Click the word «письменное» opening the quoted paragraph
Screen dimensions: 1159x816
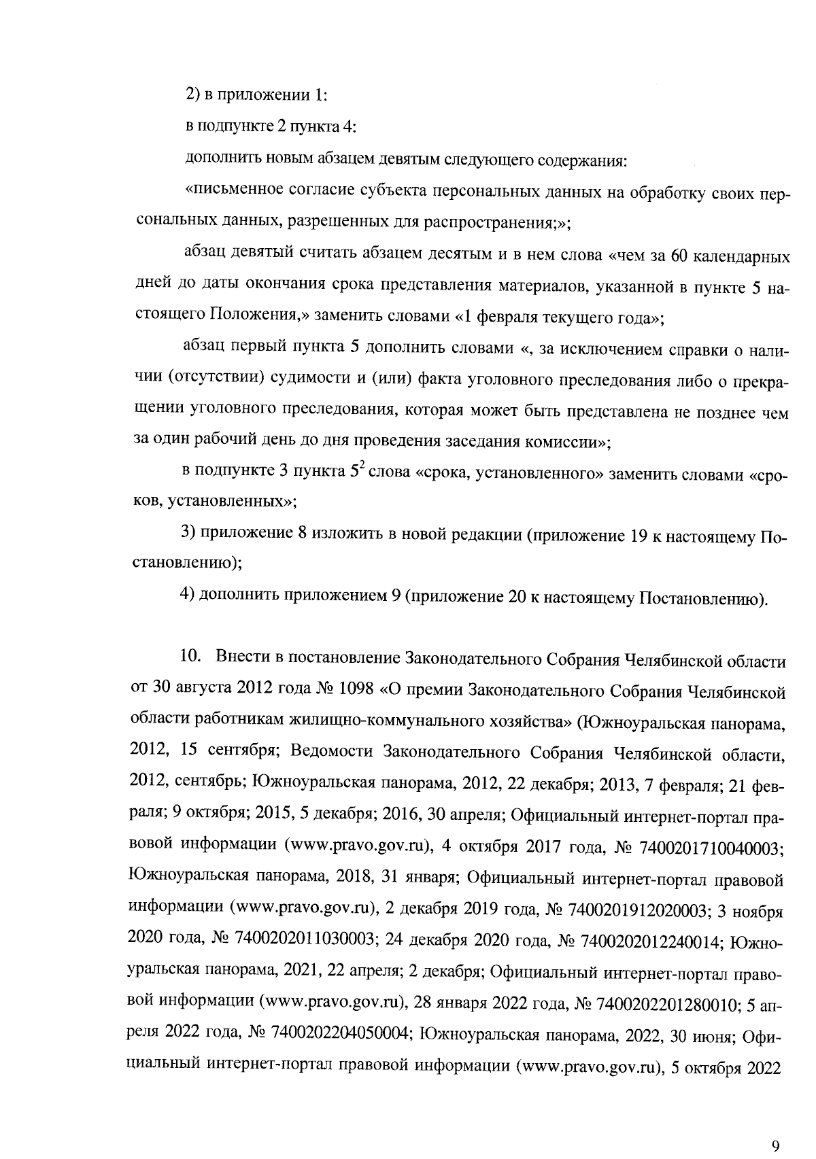(x=224, y=192)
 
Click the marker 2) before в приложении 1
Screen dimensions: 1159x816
(x=193, y=96)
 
